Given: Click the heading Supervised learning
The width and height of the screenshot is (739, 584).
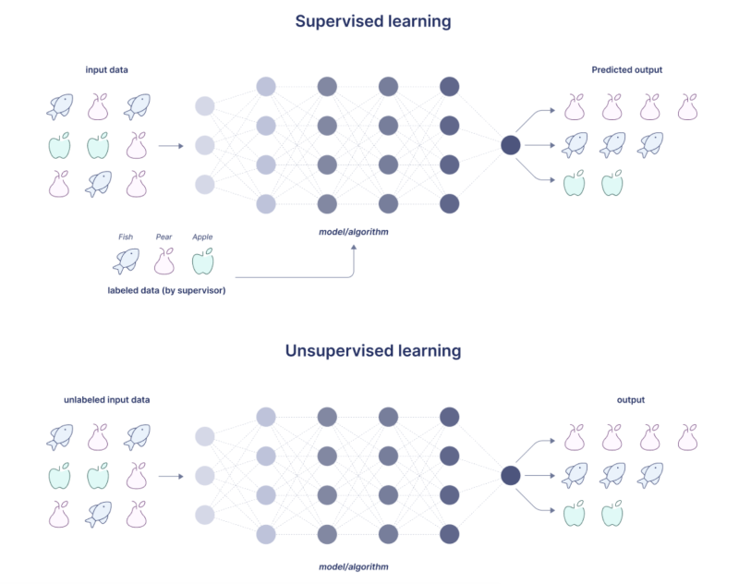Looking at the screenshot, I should (369, 21).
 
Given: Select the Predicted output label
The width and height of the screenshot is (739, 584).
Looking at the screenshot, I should (626, 69).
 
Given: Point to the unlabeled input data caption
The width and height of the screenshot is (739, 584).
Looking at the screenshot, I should (106, 400).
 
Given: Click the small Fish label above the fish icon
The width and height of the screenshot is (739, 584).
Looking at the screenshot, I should (126, 237).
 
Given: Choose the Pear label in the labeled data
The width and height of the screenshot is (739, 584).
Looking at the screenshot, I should (164, 237).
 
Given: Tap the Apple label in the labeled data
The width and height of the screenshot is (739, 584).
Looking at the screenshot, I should (202, 237).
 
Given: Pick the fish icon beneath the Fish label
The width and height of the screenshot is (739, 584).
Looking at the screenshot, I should (126, 262).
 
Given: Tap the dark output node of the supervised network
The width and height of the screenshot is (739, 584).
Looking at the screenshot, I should (510, 145).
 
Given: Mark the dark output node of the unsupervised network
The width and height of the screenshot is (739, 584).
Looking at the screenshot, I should (510, 476).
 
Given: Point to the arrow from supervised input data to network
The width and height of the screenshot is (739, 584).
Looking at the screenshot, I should (170, 145).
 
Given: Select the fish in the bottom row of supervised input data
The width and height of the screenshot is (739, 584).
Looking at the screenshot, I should (99, 184).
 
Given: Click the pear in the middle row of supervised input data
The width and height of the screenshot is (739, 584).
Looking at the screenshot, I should (138, 145).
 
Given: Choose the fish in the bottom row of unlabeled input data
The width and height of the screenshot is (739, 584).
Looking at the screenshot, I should (99, 514).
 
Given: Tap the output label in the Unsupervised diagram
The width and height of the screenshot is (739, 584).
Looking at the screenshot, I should (631, 400).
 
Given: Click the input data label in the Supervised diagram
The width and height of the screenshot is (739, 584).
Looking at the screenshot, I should (107, 69).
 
